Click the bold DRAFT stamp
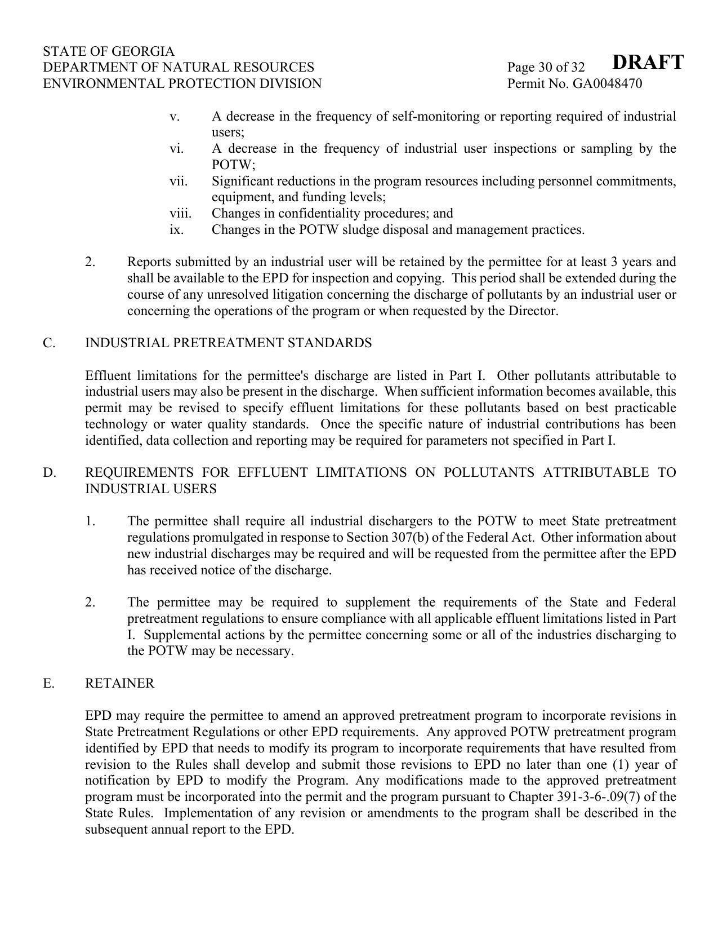[x=648, y=62]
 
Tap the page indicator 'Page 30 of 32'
[x=546, y=68]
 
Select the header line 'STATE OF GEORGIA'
[x=109, y=51]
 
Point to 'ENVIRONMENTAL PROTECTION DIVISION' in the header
[x=182, y=84]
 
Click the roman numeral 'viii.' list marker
[x=180, y=214]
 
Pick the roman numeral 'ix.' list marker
[x=176, y=230]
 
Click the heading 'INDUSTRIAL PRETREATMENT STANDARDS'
[x=228, y=343]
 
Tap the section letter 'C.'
[x=49, y=343]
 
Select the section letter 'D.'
[x=50, y=473]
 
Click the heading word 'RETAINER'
[x=119, y=684]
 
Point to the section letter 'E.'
[x=49, y=684]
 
